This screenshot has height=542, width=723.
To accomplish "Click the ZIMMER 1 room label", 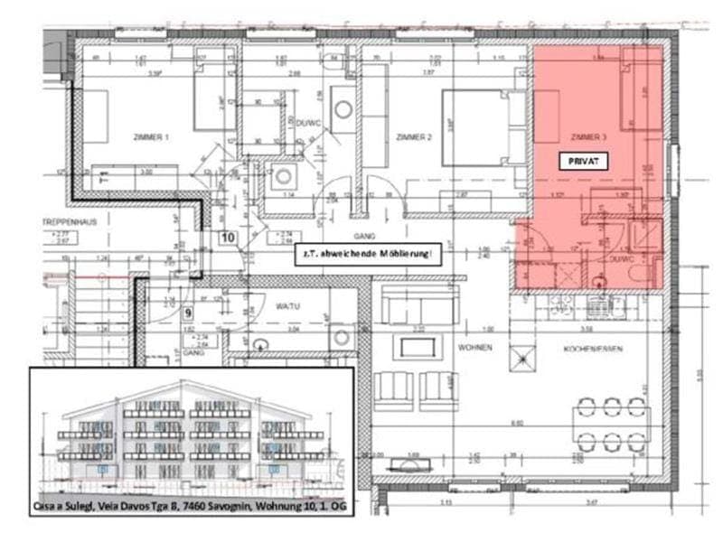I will click(150, 137).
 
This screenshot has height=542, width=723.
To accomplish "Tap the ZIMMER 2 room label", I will click(414, 137).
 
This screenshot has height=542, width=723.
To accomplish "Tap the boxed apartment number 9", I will click(188, 313).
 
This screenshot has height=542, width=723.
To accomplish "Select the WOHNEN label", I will click(474, 346).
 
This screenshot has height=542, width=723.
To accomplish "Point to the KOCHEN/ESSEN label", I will click(587, 346).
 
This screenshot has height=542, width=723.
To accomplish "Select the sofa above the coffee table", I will click(415, 307).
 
